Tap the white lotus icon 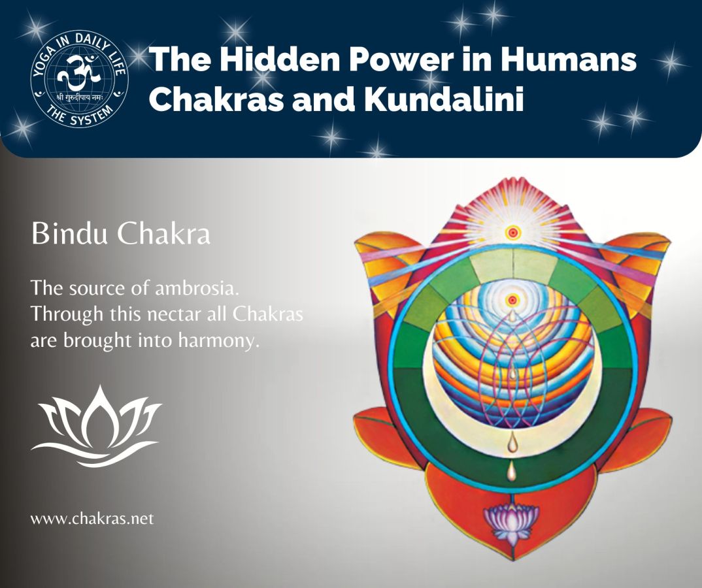point(96,426)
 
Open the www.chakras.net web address point(92,519)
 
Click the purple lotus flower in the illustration point(511,521)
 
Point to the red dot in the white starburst point(513,231)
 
